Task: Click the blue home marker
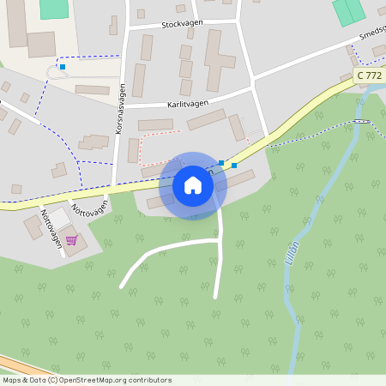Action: [193, 185]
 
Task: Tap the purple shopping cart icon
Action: [71, 239]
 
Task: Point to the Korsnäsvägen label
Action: [121, 109]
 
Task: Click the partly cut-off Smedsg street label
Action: [371, 33]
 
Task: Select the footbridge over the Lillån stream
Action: [361, 121]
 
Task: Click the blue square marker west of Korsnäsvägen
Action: [63, 66]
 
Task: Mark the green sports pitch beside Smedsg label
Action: [347, 11]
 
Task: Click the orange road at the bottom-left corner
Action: [17, 364]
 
